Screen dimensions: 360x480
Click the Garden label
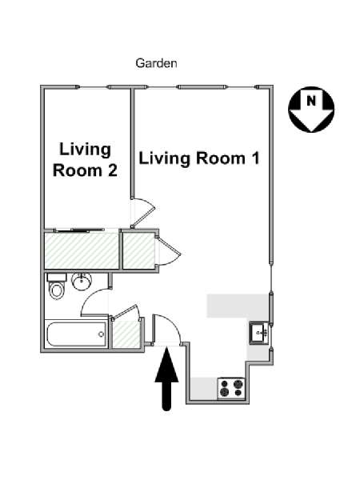tap(156, 63)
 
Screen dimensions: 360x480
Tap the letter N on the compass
tap(311, 101)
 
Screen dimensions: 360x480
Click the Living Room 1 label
tap(199, 158)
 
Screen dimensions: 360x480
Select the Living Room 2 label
tap(85, 159)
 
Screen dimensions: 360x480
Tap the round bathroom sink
tap(82, 281)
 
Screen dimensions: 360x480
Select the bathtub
tap(77, 334)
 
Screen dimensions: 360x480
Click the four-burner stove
tap(231, 388)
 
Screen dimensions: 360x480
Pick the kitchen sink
tap(259, 333)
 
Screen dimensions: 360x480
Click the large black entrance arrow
tap(166, 379)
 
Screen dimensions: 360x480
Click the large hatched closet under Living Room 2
tap(82, 250)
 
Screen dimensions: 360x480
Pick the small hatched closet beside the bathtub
tap(126, 334)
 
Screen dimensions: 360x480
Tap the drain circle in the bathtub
tap(102, 334)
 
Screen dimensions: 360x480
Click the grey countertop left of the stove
tap(204, 388)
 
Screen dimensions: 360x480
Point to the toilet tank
tap(57, 278)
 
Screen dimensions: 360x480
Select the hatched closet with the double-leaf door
tap(138, 250)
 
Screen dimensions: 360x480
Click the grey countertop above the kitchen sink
tap(238, 306)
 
